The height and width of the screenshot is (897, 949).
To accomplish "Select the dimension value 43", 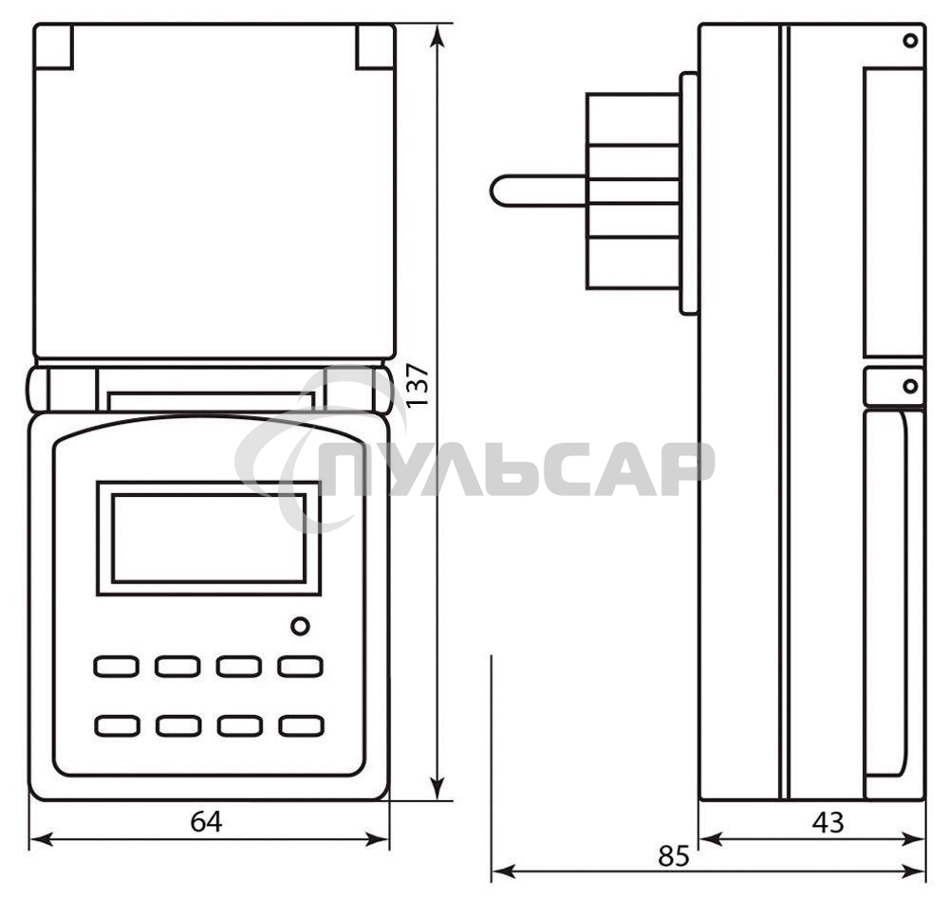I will click(x=828, y=822).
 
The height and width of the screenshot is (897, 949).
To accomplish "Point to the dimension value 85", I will click(x=673, y=855).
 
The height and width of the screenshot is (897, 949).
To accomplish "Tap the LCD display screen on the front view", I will click(x=209, y=538).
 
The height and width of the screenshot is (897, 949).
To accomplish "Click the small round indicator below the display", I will click(x=300, y=626).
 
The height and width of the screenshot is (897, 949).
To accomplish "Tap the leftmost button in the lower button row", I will click(x=116, y=726).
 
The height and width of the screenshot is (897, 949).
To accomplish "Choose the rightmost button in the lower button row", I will click(x=301, y=726).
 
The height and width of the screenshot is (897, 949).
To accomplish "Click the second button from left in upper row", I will click(x=177, y=666).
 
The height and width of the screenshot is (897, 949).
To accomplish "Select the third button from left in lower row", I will click(x=239, y=726).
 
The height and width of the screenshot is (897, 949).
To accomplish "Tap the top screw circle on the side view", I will click(x=910, y=40).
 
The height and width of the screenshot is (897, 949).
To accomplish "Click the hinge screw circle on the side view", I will click(x=910, y=386).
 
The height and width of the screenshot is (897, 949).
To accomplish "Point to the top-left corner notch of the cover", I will click(x=54, y=47).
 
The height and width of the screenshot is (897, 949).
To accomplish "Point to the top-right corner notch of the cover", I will click(x=375, y=47).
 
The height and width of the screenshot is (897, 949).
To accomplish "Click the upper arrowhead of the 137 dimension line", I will click(x=437, y=34).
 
